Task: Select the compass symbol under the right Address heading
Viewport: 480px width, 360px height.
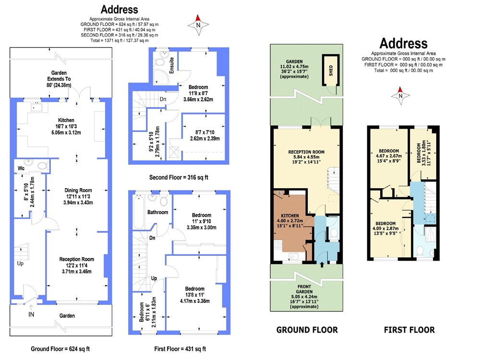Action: click(x=400, y=96)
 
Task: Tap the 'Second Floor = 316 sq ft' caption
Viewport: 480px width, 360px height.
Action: click(x=179, y=177)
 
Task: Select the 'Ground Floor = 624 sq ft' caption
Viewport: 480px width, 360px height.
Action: click(x=60, y=348)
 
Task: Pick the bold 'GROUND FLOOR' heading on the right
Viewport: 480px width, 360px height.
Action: click(x=307, y=330)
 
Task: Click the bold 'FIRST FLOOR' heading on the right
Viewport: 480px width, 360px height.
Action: click(x=409, y=330)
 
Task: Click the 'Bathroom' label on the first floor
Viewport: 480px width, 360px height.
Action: click(x=157, y=212)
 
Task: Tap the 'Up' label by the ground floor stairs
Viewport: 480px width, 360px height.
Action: click(x=20, y=264)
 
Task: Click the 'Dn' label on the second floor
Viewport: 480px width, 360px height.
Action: click(x=163, y=99)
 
